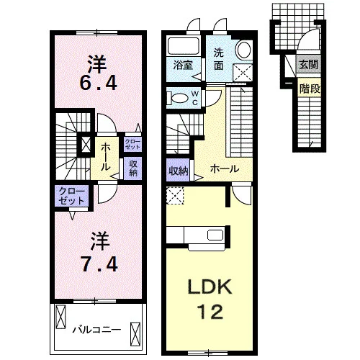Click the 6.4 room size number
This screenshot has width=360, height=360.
tap(99, 83)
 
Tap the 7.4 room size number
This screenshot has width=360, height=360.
tap(99, 264)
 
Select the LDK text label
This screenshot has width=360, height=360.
tap(210, 287)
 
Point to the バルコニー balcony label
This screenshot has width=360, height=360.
tap(96, 330)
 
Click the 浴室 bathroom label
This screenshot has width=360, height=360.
tap(183, 66)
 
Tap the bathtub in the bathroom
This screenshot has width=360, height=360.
tap(184, 46)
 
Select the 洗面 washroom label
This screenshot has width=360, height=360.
tap(219, 59)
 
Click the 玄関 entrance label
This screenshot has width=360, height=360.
tap(309, 64)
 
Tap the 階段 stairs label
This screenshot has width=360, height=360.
tap(310, 89)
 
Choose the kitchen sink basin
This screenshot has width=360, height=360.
tap(215, 235)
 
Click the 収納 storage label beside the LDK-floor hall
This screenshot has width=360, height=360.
tap(179, 171)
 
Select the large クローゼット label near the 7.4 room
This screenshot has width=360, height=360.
tap(72, 196)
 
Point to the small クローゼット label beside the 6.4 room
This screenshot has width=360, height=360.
tap(132, 144)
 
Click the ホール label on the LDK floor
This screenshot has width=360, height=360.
tap(225, 169)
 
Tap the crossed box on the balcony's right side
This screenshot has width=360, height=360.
tap(135, 333)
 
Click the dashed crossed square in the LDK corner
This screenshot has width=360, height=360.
tap(175, 196)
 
